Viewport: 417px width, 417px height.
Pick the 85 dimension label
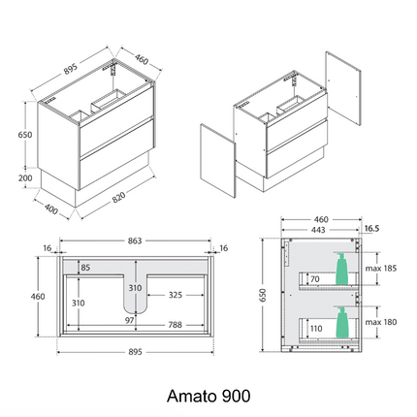[86, 268]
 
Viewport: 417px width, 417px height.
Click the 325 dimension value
[175, 294]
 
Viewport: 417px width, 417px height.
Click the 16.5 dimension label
[371, 230]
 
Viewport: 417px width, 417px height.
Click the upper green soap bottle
[340, 268]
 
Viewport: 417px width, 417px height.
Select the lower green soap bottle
[340, 321]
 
